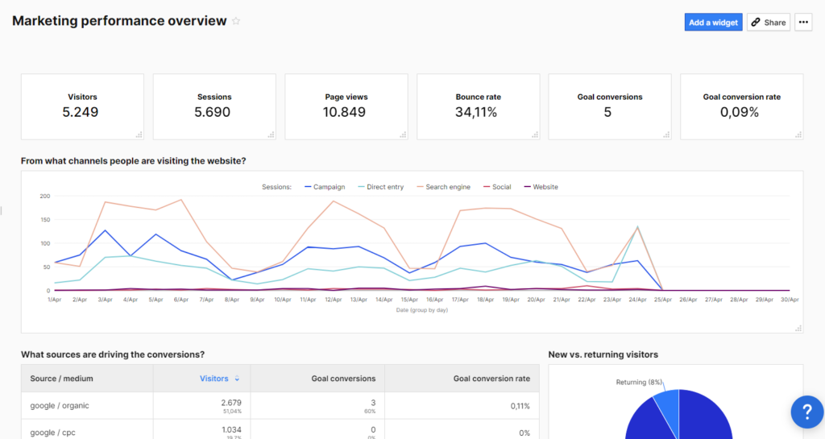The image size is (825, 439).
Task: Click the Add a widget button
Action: tap(713, 23)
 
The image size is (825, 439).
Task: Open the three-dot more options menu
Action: tap(803, 23)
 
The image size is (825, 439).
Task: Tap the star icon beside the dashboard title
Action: tap(236, 22)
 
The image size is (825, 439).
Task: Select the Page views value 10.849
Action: tap(346, 112)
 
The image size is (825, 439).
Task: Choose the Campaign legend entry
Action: tap(325, 187)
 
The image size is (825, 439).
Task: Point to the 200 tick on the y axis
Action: tap(44, 197)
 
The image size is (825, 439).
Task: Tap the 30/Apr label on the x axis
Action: tap(789, 299)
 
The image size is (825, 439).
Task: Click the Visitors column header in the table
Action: tap(214, 379)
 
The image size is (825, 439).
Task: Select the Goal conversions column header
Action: tap(343, 379)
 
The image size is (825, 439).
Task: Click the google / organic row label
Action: tap(60, 405)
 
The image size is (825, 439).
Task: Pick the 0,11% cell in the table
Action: tap(519, 406)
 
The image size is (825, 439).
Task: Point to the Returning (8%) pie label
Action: tap(638, 382)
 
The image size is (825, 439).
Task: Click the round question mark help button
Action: tap(806, 412)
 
